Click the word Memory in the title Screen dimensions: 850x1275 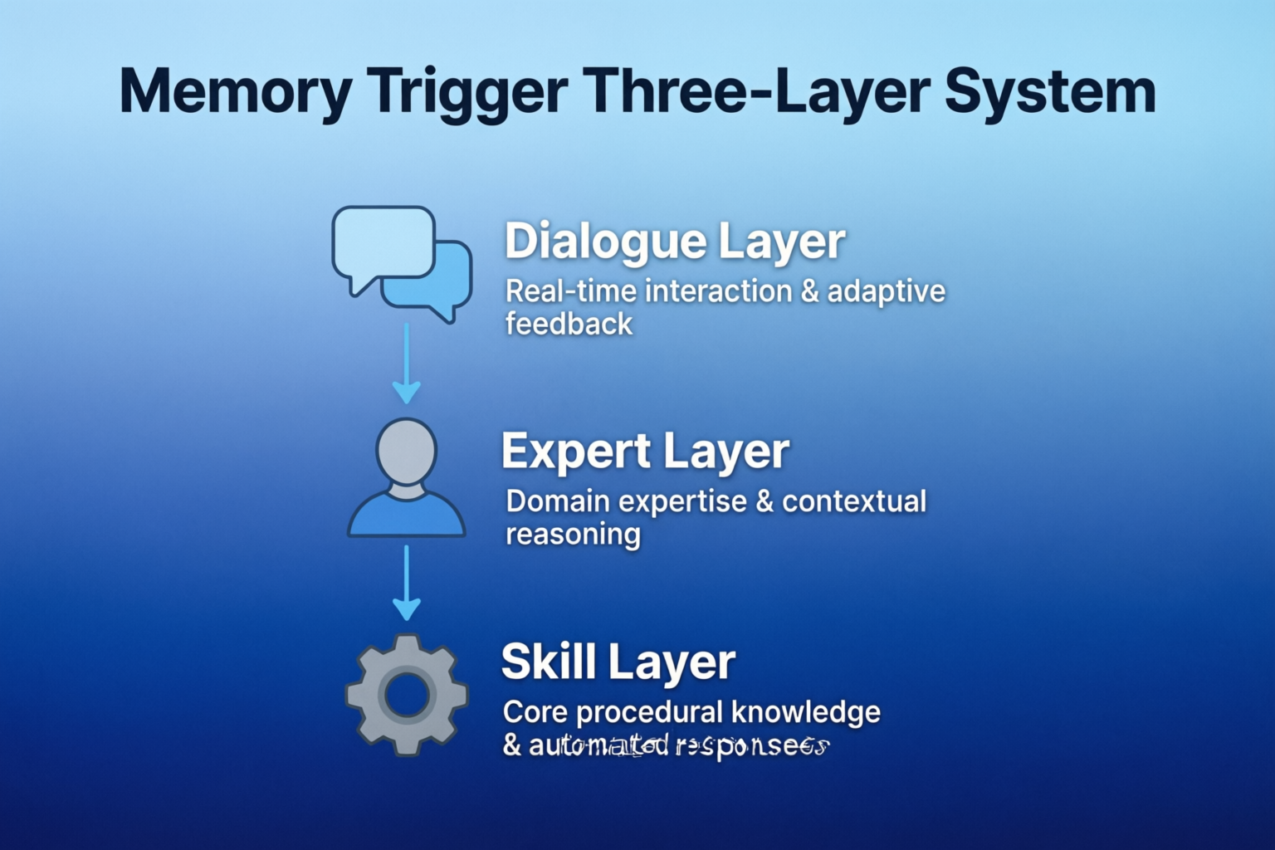(x=236, y=91)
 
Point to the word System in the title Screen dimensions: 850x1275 (x=1050, y=91)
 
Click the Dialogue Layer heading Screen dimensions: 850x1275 (x=675, y=241)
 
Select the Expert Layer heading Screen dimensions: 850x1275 (x=645, y=452)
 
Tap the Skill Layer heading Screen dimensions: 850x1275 (x=618, y=662)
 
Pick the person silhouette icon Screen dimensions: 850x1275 (x=406, y=479)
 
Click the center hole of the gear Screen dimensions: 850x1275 (x=407, y=695)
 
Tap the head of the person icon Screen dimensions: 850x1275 (x=406, y=451)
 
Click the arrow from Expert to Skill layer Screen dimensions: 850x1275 (x=406, y=583)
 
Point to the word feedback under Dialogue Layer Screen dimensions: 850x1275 (x=569, y=324)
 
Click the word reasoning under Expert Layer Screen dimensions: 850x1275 (x=573, y=535)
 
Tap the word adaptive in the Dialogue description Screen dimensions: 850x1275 (x=887, y=292)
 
